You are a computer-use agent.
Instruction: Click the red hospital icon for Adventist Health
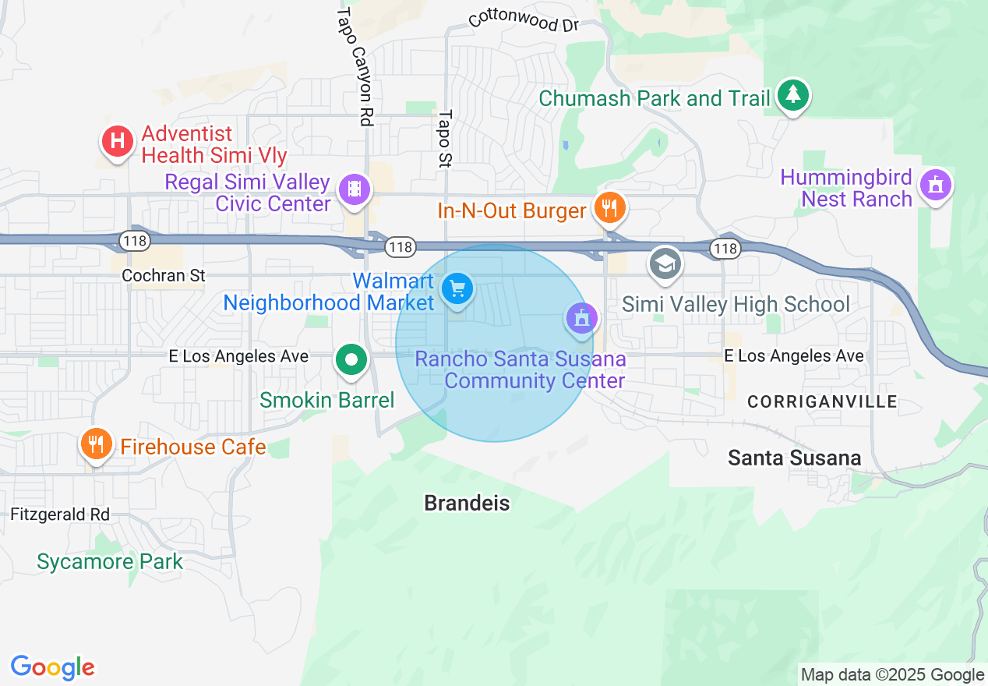[117, 142]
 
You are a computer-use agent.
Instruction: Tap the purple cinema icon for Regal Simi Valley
[355, 189]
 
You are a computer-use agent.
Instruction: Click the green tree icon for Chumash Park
[793, 95]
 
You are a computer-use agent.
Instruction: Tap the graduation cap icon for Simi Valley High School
[665, 263]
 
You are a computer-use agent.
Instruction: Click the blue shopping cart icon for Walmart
[457, 289]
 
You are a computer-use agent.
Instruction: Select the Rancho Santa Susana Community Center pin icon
[581, 319]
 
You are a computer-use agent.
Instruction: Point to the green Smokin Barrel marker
[351, 360]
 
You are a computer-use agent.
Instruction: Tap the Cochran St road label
[164, 275]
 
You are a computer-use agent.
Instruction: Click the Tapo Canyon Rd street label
[355, 66]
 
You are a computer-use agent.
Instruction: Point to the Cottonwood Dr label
[524, 21]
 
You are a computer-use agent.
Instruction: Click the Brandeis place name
[467, 504]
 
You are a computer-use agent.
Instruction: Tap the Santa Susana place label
[794, 458]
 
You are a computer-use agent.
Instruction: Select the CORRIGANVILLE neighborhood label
[822, 402]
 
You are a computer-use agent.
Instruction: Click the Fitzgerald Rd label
[60, 514]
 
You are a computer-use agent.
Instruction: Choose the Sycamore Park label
[110, 561]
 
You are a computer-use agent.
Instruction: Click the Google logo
[52, 667]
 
